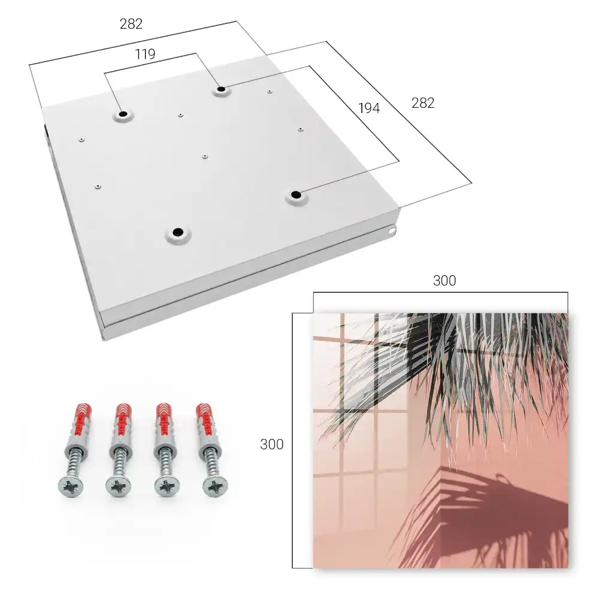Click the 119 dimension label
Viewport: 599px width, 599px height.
pyautogui.click(x=145, y=55)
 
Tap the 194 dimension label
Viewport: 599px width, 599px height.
pyautogui.click(x=369, y=108)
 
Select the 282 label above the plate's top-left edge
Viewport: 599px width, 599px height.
pyautogui.click(x=131, y=24)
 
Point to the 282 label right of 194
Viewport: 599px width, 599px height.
pyautogui.click(x=423, y=103)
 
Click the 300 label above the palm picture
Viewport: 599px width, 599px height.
pyautogui.click(x=444, y=281)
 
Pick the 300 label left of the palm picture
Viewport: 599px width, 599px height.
pyautogui.click(x=271, y=444)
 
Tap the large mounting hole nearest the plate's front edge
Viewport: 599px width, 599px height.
pyautogui.click(x=178, y=232)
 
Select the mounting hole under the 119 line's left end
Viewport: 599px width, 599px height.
pyautogui.click(x=123, y=114)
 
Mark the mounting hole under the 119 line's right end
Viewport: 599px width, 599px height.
pyautogui.click(x=221, y=90)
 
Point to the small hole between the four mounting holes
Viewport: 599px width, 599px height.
pyautogui.click(x=205, y=156)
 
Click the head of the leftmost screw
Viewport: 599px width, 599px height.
pyautogui.click(x=70, y=487)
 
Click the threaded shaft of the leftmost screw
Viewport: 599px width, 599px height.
pyautogui.click(x=74, y=463)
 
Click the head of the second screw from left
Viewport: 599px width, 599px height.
pyautogui.click(x=118, y=487)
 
